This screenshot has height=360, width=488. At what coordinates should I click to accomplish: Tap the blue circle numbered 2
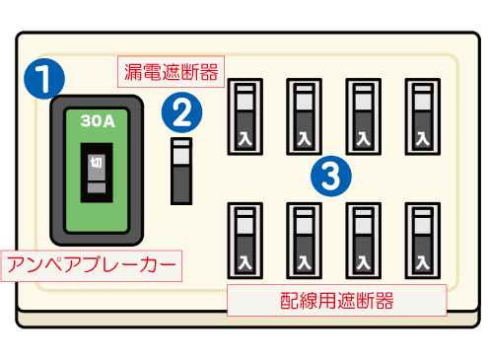(x=181, y=111)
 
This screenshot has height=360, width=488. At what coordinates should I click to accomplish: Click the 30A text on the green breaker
(x=98, y=121)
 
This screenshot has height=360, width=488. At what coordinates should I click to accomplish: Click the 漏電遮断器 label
(x=170, y=71)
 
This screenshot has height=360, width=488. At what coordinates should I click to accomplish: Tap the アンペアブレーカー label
(x=93, y=264)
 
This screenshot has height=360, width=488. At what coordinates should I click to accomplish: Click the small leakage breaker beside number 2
(x=181, y=171)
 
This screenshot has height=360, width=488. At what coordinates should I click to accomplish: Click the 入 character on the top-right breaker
(x=422, y=137)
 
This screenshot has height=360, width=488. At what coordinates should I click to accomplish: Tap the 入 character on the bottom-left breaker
(x=244, y=262)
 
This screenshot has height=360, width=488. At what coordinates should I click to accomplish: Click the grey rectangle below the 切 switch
(x=97, y=186)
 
